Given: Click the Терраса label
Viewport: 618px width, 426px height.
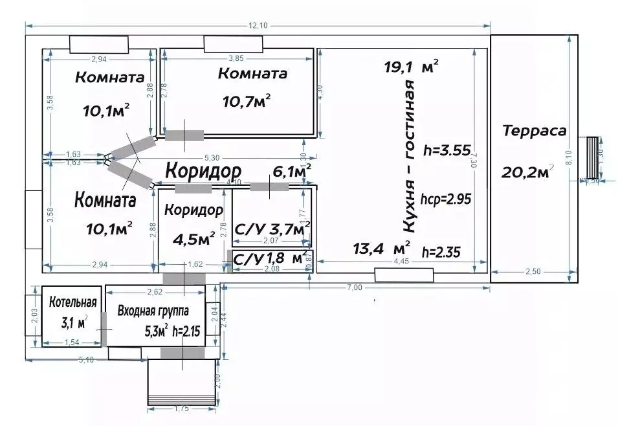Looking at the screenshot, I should [534, 131].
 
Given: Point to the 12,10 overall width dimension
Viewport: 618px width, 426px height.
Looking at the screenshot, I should [258, 26].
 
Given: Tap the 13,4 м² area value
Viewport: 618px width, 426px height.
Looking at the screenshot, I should [382, 247].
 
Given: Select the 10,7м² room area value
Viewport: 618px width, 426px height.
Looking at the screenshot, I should [246, 100].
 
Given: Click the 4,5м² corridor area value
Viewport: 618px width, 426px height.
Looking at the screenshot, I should [194, 240].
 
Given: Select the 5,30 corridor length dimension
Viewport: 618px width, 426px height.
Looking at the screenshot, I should [211, 157].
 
